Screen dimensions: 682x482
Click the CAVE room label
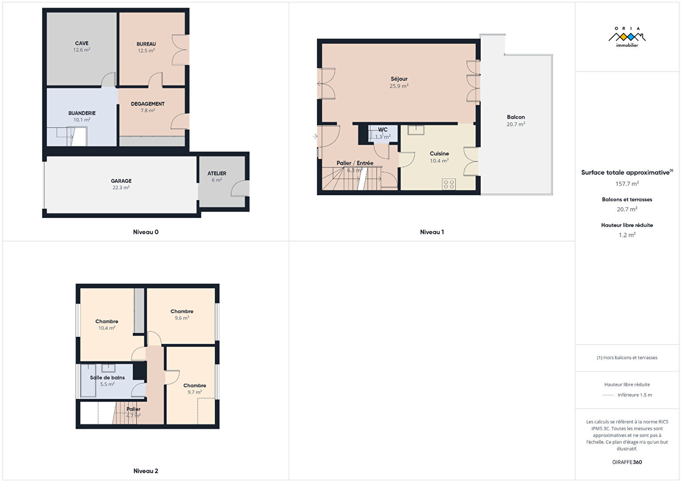[x=82, y=43]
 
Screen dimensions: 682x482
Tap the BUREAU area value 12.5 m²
[x=146, y=50]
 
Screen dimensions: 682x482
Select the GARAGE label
[x=121, y=181]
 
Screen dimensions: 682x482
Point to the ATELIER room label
[x=217, y=173]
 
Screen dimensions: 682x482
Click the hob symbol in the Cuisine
[x=449, y=184]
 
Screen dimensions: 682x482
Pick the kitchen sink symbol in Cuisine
[x=416, y=130]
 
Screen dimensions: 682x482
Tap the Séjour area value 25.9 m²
[x=399, y=86]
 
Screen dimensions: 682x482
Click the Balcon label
[x=516, y=117]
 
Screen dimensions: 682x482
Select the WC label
[x=383, y=130]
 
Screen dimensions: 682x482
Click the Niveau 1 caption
[x=432, y=232]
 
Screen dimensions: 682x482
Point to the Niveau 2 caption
[x=146, y=471]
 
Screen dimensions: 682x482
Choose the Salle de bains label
[x=107, y=377]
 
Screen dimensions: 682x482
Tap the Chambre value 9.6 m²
[x=182, y=318]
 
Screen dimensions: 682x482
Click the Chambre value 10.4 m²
[x=106, y=328]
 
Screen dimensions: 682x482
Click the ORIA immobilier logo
[x=627, y=37]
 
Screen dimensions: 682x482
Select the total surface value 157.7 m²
[x=627, y=184]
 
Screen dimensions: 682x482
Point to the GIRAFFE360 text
[x=627, y=462]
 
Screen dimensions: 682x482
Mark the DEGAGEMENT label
[x=147, y=104]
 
